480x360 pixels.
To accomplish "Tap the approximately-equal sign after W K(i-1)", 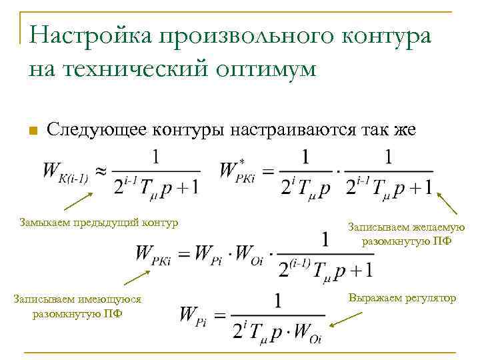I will [x=100, y=171].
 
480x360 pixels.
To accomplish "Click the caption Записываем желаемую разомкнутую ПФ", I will [x=406, y=234].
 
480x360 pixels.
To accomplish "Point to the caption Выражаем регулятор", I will [x=402, y=297].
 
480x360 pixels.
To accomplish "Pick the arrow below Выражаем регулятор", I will [x=346, y=319].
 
